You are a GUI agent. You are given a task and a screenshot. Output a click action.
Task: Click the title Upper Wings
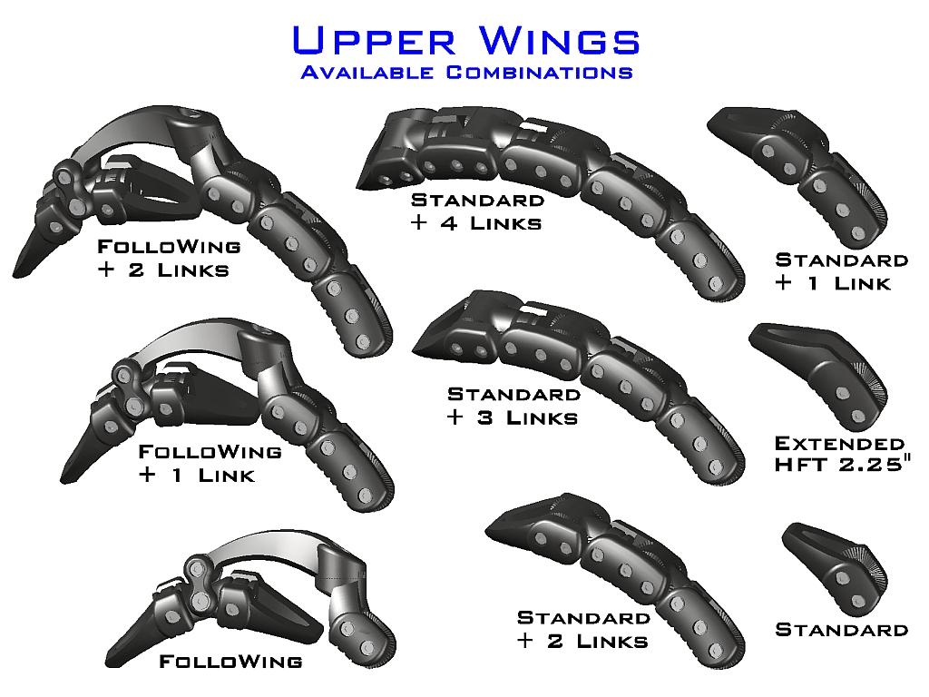(x=465, y=41)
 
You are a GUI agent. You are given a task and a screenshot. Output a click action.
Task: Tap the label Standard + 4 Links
(x=477, y=211)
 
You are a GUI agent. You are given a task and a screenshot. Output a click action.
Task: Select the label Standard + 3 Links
(x=513, y=406)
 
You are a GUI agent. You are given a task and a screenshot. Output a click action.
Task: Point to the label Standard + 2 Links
(x=582, y=629)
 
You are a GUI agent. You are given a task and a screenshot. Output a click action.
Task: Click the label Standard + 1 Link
(x=841, y=270)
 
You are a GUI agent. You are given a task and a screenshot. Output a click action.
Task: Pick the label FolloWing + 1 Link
(x=209, y=462)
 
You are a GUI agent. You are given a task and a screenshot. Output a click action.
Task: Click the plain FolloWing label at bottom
(x=230, y=662)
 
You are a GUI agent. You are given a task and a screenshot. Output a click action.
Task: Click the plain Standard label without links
(x=841, y=629)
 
